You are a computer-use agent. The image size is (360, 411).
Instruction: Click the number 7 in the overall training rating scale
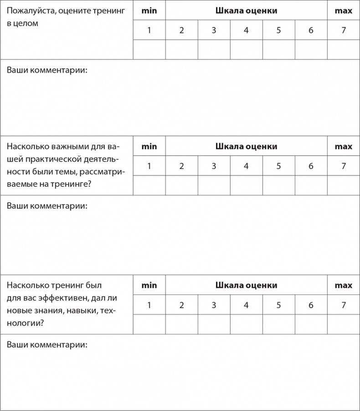(344, 31)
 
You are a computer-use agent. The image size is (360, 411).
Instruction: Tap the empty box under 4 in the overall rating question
(246, 50)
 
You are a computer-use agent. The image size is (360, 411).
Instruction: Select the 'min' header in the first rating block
(149, 10)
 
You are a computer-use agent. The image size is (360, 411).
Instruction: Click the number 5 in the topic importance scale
(278, 166)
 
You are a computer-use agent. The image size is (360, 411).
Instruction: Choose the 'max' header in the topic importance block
(344, 147)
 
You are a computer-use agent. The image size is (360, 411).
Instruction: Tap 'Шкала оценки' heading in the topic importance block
(246, 147)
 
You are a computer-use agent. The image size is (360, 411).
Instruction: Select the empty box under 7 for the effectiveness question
(344, 325)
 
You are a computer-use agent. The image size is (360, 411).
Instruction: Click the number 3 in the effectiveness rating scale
(214, 305)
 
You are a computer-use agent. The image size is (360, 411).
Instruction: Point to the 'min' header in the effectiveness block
(149, 285)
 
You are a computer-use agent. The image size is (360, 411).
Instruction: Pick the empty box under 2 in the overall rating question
(181, 50)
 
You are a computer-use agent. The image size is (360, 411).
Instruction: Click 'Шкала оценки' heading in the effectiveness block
(246, 285)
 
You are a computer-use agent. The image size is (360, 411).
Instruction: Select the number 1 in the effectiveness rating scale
(149, 305)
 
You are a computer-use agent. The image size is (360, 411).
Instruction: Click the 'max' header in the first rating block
(344, 10)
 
